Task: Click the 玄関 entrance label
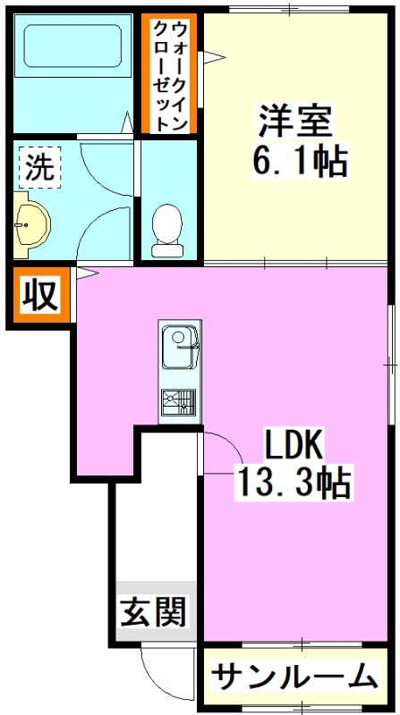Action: [x=153, y=612]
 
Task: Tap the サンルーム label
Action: [x=294, y=677]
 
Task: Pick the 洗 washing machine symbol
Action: [x=38, y=168]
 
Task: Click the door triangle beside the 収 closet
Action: [x=83, y=273]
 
